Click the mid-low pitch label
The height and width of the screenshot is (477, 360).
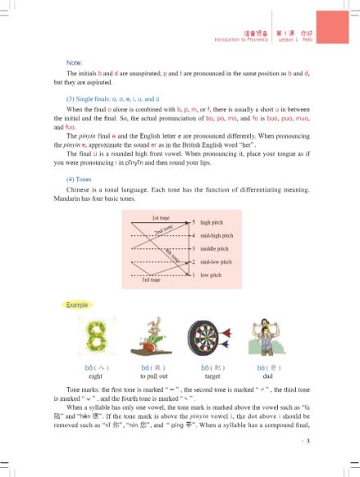(x=216, y=262)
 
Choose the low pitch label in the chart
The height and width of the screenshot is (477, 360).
(x=211, y=275)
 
